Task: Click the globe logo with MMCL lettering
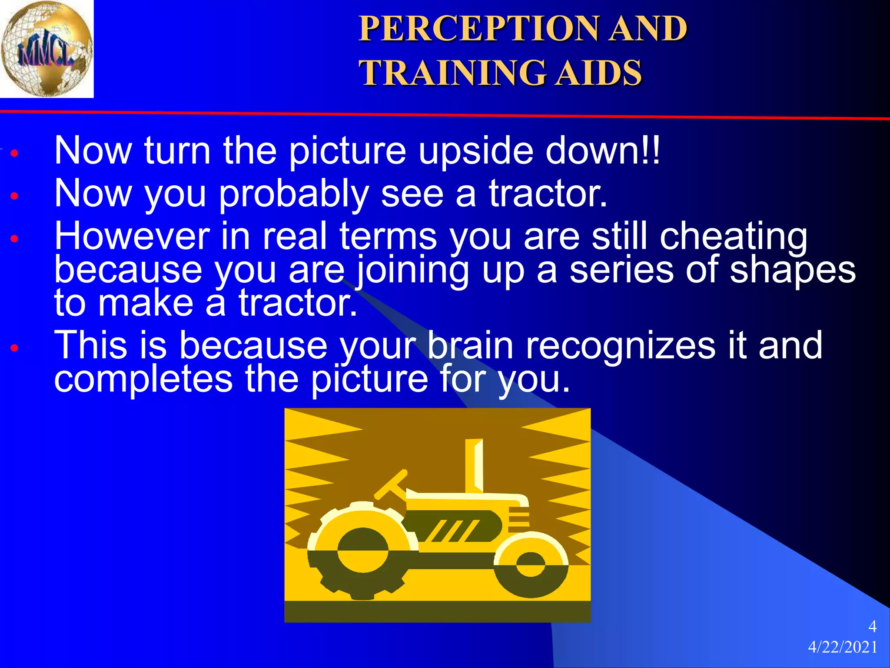[x=46, y=49]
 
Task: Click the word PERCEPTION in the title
[x=478, y=29]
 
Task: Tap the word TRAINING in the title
[x=452, y=73]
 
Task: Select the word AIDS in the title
[x=599, y=73]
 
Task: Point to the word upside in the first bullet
[x=475, y=151]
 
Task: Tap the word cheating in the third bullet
[x=733, y=237]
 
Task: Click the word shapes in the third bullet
[x=792, y=270]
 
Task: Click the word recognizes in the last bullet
[x=620, y=346]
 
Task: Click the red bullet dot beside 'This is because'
[x=15, y=348]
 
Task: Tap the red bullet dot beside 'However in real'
[x=15, y=239]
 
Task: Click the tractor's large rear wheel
[x=363, y=551]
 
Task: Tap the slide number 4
[x=872, y=627]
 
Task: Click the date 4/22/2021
[x=842, y=648]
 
